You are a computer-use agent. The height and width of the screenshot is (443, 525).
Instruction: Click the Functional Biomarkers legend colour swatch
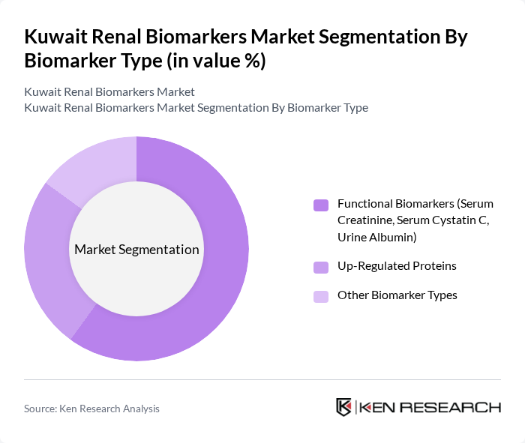point(321,205)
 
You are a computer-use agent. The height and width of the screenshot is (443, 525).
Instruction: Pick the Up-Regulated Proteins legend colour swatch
point(321,267)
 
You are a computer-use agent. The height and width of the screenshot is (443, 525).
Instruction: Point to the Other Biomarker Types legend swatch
point(321,296)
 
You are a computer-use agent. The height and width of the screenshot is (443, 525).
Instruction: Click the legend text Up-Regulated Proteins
point(397,266)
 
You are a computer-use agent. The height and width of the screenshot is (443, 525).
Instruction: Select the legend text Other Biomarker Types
point(397,295)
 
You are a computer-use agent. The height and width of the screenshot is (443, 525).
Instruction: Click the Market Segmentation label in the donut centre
point(136,250)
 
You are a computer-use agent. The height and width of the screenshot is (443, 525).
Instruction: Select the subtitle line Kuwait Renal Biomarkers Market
point(109,91)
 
